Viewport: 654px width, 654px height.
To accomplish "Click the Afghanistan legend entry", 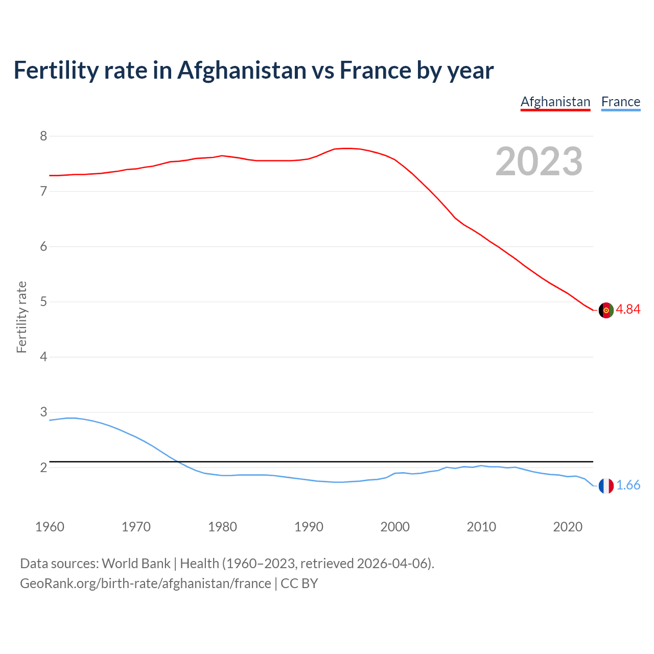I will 555,102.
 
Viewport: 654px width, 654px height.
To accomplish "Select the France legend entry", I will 620,102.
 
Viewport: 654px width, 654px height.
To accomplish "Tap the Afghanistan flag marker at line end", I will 606,310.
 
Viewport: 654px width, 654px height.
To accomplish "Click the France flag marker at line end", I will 606,486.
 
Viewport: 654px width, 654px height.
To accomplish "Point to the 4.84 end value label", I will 628,309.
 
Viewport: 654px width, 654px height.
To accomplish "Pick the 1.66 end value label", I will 628,485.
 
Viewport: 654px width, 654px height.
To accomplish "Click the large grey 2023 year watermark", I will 539,161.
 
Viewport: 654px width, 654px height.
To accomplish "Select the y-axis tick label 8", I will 43,136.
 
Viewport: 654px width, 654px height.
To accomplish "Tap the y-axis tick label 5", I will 43,301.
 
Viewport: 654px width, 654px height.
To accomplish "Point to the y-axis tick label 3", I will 43,412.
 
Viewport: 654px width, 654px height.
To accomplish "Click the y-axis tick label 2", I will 43,468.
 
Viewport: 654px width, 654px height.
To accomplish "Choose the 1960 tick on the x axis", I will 50,527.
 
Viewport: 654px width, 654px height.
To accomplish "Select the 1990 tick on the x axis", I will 309,527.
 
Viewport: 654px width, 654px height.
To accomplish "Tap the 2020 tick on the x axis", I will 568,527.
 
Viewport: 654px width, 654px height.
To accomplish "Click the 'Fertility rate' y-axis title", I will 21,317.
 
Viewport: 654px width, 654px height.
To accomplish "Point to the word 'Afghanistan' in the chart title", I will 242,71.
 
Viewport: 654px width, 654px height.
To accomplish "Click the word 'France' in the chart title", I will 375,71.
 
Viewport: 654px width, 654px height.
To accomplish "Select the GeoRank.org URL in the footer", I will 146,583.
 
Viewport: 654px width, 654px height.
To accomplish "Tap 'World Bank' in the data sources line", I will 136,564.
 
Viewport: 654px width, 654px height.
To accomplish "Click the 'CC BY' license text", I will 299,583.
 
